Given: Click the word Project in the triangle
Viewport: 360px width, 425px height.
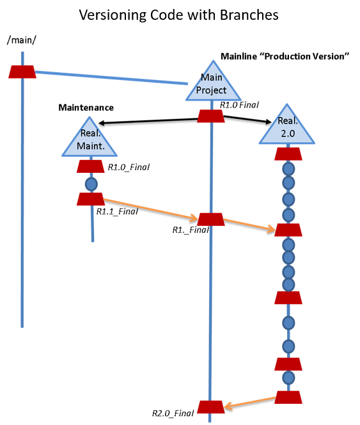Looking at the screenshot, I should (x=212, y=91).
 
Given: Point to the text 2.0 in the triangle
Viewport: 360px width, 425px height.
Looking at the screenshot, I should (x=287, y=133).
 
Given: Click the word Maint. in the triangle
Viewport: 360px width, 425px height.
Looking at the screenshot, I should (x=90, y=147).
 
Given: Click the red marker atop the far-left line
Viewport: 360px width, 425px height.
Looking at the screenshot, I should (x=22, y=72).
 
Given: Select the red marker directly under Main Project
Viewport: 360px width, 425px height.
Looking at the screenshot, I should (x=210, y=116).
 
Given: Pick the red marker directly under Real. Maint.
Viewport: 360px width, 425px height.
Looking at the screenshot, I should (x=91, y=166).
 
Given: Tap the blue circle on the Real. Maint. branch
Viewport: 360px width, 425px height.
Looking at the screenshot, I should (x=91, y=184).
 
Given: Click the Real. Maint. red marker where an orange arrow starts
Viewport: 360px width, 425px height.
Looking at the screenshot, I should (x=91, y=199).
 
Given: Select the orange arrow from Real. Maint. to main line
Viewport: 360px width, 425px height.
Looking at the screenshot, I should (x=150, y=209).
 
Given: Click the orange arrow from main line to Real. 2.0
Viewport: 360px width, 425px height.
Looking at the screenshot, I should (x=249, y=224).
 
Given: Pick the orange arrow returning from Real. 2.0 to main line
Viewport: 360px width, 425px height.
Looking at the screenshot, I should (x=249, y=402).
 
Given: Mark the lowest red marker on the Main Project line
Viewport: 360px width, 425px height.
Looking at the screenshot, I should (x=210, y=407).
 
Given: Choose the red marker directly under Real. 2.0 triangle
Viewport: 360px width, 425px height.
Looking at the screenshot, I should (x=288, y=154).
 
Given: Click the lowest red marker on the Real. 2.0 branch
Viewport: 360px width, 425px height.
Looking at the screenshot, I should (x=288, y=397).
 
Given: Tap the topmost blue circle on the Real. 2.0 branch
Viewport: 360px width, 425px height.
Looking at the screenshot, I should (x=288, y=169).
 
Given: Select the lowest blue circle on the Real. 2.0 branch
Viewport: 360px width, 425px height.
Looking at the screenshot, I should (x=288, y=378).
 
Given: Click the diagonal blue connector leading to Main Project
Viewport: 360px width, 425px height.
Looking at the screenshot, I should (x=112, y=77).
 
